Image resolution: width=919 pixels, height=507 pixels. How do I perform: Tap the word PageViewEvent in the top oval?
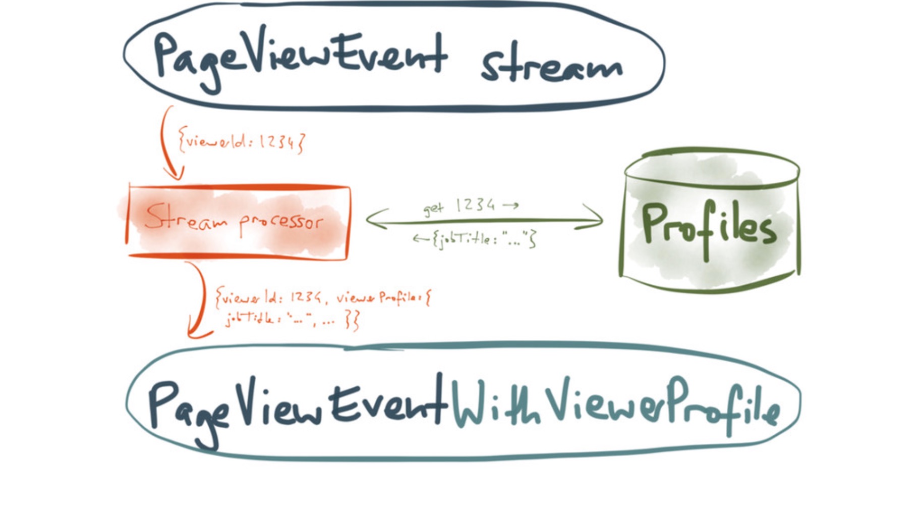tap(300, 60)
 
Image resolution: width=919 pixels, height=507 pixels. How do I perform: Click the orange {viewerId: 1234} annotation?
tap(241, 141)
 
